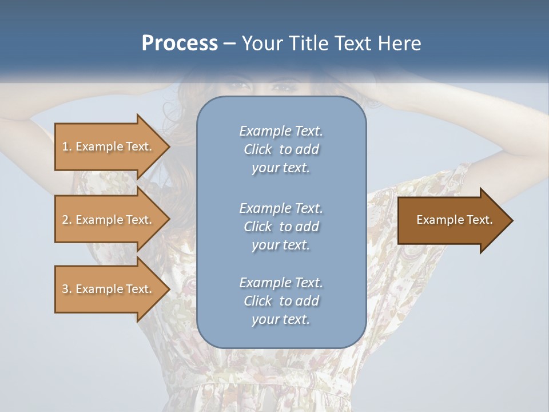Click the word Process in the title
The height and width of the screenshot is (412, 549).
click(180, 43)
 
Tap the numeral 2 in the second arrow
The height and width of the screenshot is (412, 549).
click(65, 220)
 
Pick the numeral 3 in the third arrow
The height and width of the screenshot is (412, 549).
click(65, 289)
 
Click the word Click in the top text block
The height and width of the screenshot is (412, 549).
click(257, 150)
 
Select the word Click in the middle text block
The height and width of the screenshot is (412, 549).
click(257, 227)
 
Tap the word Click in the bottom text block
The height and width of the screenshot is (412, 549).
click(257, 301)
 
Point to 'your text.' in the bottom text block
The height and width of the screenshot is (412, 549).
click(281, 320)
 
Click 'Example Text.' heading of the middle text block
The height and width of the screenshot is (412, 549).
click(281, 208)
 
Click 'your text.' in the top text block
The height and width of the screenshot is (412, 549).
click(281, 168)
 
